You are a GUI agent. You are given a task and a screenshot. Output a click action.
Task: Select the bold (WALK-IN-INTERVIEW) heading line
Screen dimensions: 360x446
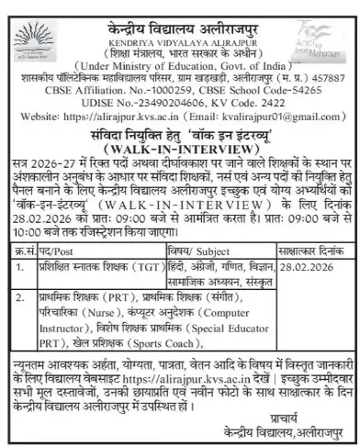pyautogui.click(x=180, y=148)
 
